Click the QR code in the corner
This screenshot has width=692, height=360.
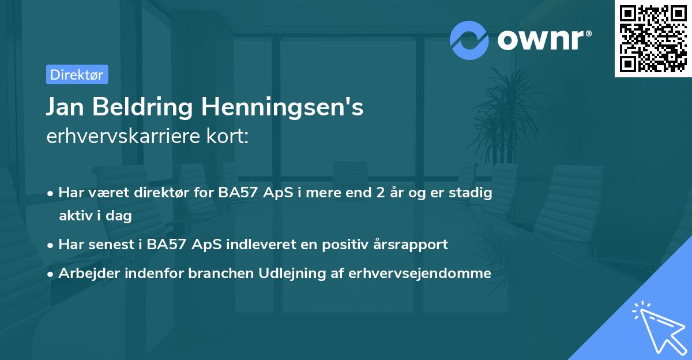(653, 38)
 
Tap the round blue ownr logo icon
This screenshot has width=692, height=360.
(469, 40)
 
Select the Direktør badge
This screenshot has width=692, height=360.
(77, 74)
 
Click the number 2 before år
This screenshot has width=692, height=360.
(379, 193)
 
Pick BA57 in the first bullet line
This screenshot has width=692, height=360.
(238, 193)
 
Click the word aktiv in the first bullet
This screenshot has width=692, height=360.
(77, 216)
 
